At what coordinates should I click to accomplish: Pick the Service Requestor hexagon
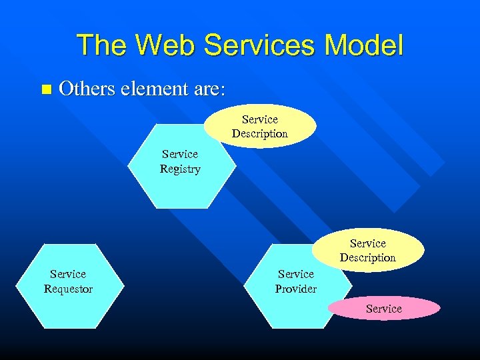point(68,293)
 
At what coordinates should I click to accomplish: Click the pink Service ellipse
point(384,309)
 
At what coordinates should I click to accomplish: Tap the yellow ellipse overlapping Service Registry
point(260,126)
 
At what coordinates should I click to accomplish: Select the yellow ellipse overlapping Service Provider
point(368,250)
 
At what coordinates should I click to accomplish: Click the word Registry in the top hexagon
point(180,169)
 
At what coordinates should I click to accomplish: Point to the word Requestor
point(68,289)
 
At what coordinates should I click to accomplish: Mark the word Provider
point(296,289)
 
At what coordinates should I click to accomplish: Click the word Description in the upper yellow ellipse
point(260,133)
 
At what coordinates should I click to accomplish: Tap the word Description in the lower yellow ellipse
point(368,257)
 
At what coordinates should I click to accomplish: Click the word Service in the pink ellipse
point(384,309)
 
